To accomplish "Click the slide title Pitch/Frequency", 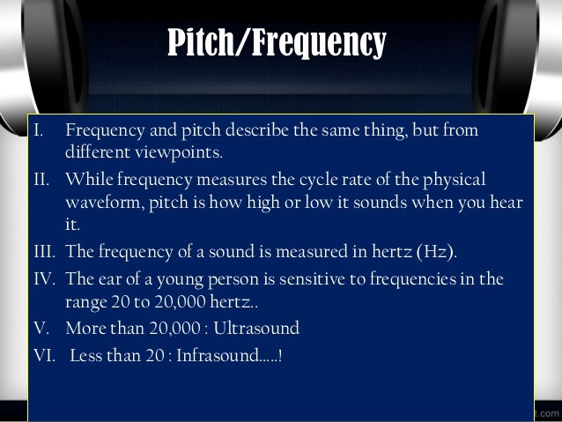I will pos(277,42).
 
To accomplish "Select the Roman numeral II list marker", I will pos(38,180).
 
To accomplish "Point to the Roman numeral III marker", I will pos(41,251).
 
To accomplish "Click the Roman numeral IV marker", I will pos(41,280).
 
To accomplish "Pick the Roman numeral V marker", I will pos(37,329).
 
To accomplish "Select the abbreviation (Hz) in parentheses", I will pos(439,251).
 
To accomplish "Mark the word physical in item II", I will pos(453,180).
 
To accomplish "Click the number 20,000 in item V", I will pos(181,329).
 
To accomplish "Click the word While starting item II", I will pos(86,180).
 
